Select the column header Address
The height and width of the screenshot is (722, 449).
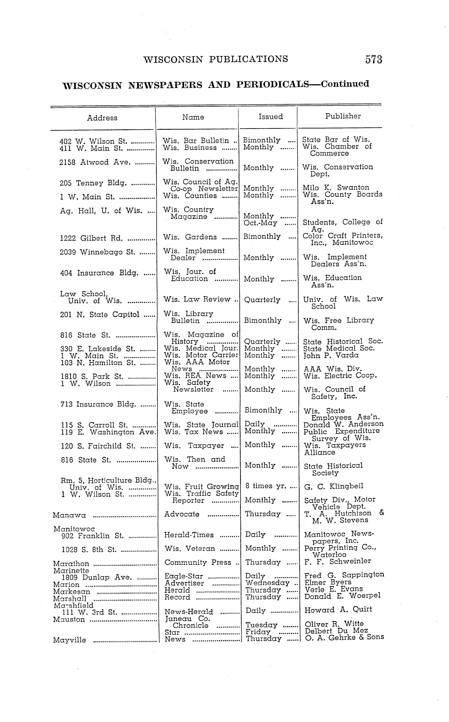(x=102, y=118)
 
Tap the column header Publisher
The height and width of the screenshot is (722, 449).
(x=343, y=116)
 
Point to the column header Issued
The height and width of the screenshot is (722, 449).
(x=271, y=117)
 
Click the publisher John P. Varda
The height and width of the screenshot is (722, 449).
(x=331, y=355)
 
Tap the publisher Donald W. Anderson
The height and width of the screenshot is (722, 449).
(x=343, y=424)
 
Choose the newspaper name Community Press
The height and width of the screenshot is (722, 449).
(x=198, y=562)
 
